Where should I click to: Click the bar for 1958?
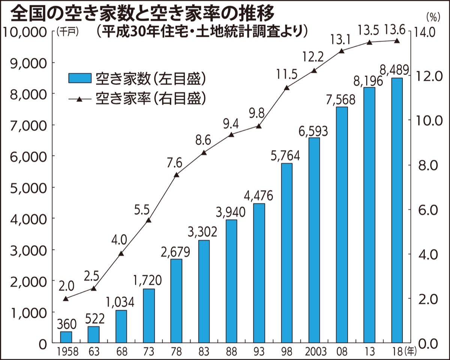(x=66, y=337)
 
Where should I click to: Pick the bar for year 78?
(x=176, y=301)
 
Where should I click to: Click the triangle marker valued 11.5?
(x=286, y=88)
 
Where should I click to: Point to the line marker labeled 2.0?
(x=66, y=299)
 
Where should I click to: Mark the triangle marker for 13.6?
(x=397, y=41)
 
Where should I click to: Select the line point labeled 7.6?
(x=176, y=175)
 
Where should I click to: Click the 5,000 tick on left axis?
(x=25, y=187)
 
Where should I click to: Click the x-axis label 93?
(x=259, y=352)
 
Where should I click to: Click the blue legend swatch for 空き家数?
(x=79, y=78)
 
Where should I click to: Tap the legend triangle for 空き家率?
(x=79, y=99)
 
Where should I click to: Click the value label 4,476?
(x=259, y=196)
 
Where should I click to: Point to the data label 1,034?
(x=121, y=302)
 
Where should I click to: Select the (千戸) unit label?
(x=67, y=32)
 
